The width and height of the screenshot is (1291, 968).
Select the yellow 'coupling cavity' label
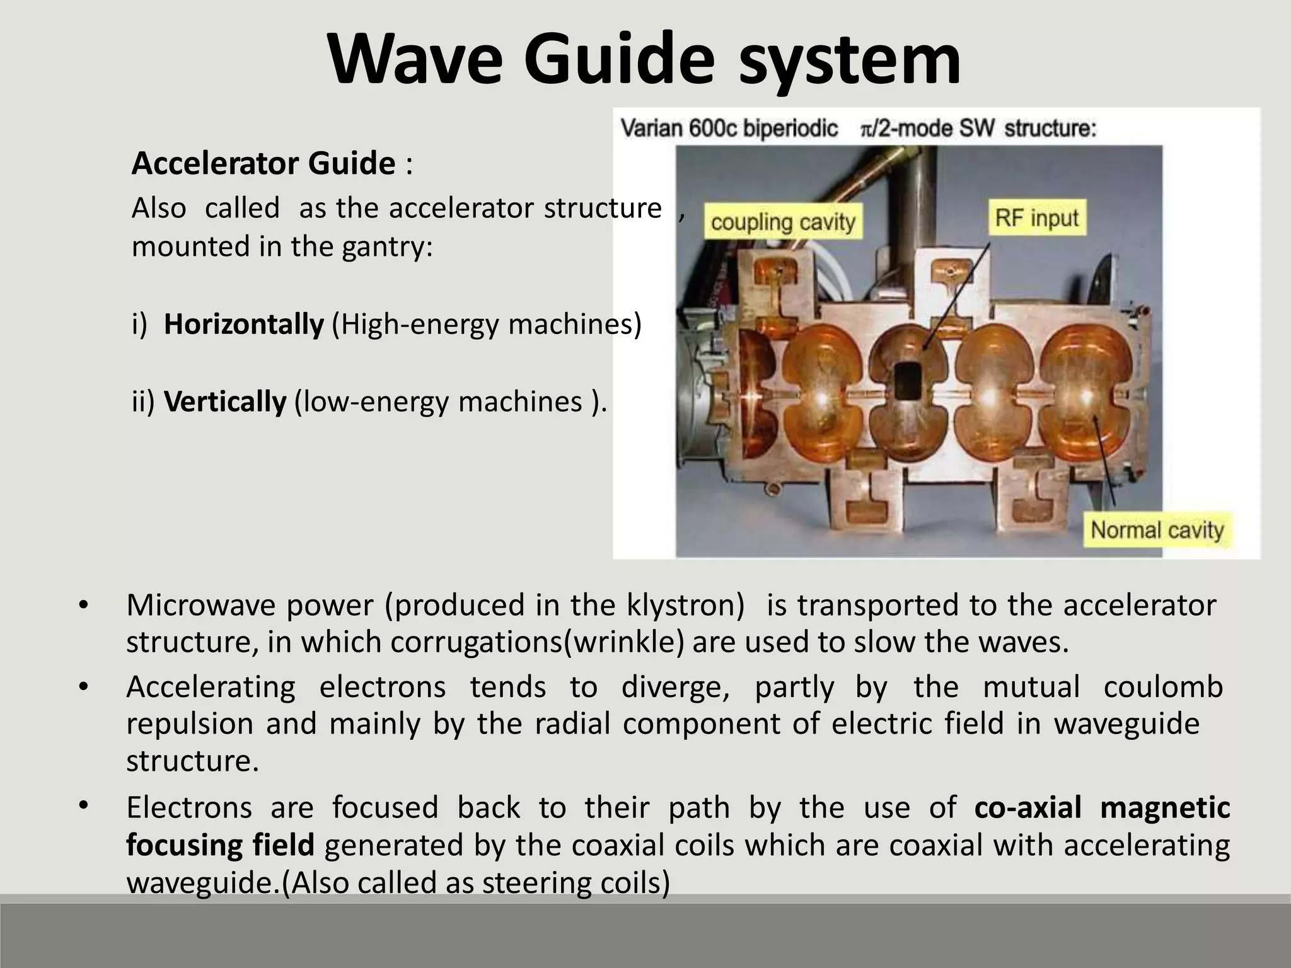(x=782, y=222)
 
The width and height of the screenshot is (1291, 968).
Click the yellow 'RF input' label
(x=1036, y=218)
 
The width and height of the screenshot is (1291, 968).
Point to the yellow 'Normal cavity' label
(x=1157, y=529)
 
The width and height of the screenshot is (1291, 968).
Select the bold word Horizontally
(x=243, y=324)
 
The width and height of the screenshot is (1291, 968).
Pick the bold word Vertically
(x=225, y=401)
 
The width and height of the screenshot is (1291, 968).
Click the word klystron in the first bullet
(x=685, y=605)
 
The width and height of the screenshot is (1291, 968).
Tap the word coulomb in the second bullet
(x=1163, y=686)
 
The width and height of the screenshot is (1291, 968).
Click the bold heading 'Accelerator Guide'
(x=263, y=163)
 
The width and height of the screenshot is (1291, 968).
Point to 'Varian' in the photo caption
(x=651, y=129)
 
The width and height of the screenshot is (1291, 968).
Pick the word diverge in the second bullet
(x=675, y=686)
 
